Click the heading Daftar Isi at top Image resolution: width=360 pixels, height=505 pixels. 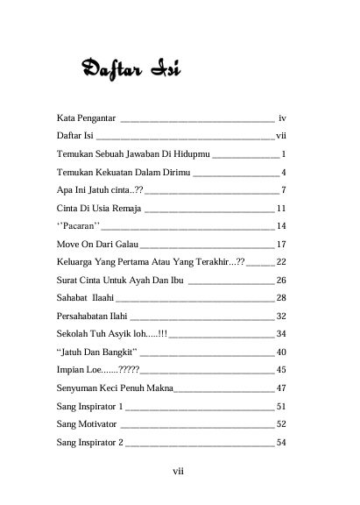pos(130,68)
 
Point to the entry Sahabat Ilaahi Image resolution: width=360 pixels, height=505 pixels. pos(92,299)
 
